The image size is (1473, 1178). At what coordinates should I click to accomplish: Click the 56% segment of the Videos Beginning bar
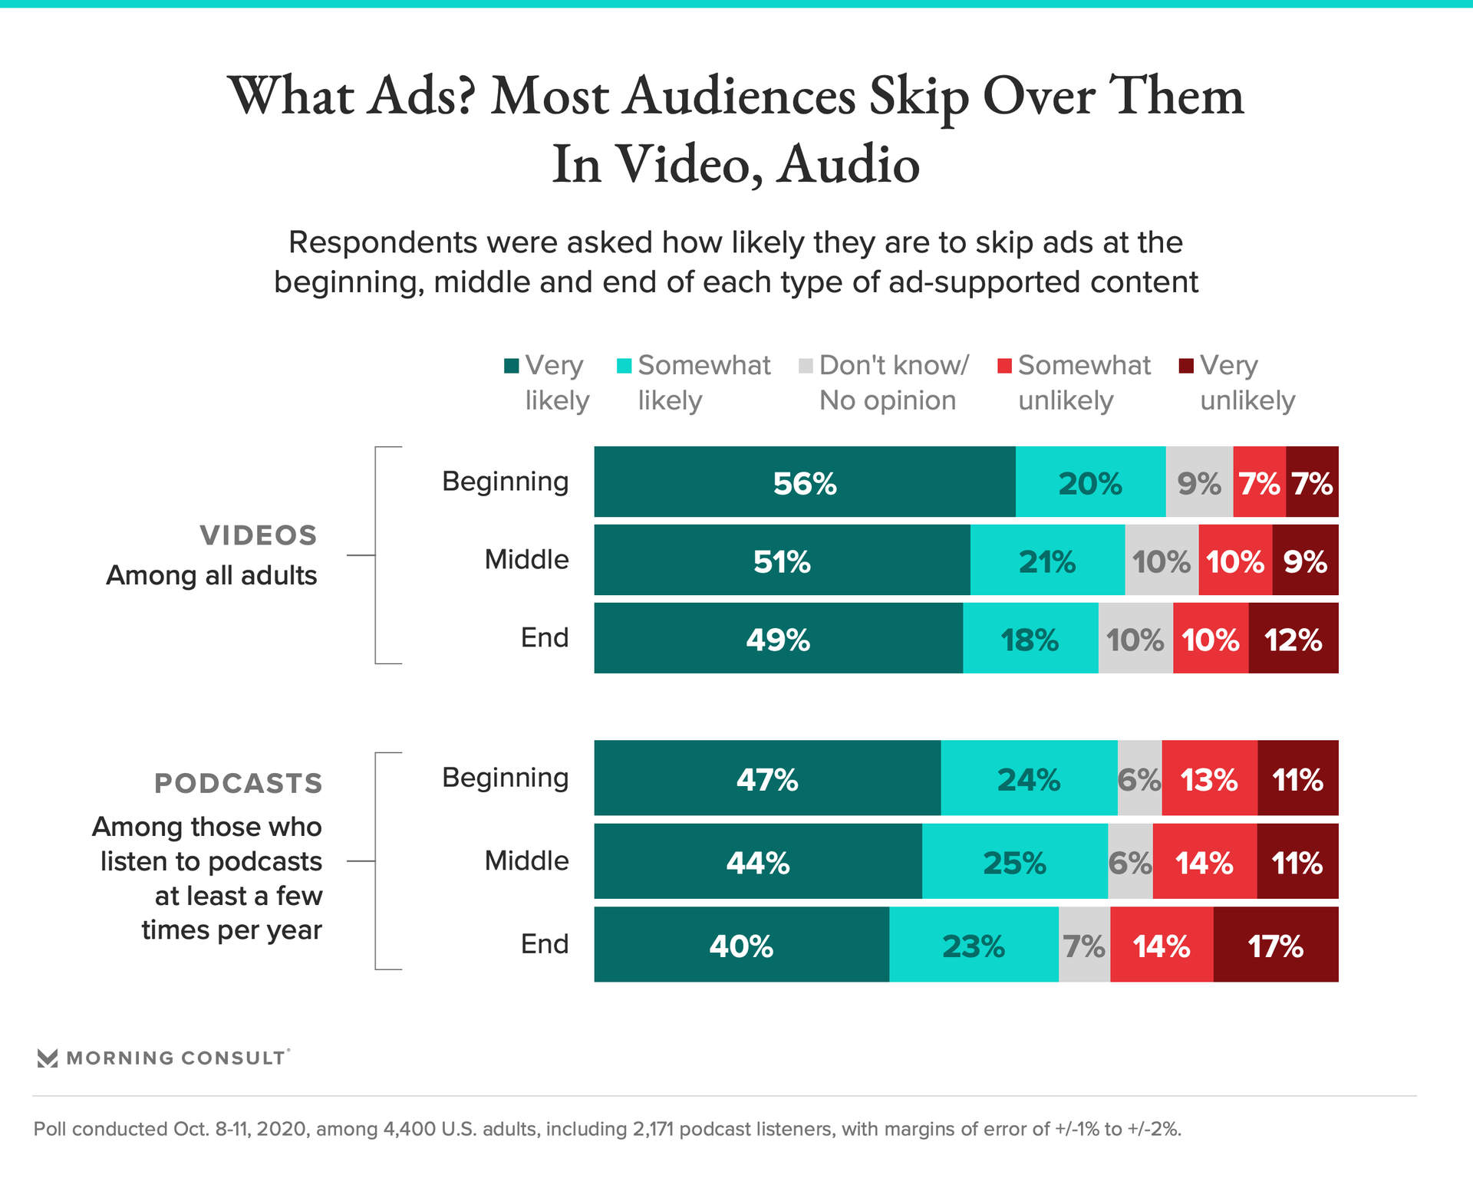(804, 482)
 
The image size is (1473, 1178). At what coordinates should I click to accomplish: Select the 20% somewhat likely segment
(1090, 482)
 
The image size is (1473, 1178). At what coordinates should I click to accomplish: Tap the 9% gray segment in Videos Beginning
(1199, 482)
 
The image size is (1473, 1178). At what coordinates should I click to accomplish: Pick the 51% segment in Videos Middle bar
(782, 561)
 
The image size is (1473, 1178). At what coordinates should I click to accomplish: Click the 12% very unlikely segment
(1293, 639)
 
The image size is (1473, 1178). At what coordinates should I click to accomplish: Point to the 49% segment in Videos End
(778, 639)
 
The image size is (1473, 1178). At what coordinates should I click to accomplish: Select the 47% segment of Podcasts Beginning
(767, 778)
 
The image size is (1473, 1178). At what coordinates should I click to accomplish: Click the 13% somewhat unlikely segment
(1209, 778)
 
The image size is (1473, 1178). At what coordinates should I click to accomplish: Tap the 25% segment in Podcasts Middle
(1014, 862)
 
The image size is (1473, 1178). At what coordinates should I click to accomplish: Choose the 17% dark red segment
(1276, 945)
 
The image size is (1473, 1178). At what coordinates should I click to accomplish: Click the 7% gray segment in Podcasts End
(1084, 945)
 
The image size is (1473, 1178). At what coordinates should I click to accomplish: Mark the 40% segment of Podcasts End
(741, 945)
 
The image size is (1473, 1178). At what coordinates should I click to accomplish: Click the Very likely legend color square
(512, 366)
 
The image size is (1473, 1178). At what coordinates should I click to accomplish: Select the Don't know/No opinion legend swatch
(806, 366)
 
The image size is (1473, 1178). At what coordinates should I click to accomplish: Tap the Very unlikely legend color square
(1186, 366)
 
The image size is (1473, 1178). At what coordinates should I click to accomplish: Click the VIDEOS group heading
(259, 535)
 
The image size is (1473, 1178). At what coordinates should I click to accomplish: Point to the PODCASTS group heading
(239, 783)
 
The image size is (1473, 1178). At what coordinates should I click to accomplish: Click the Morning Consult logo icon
(48, 1058)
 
